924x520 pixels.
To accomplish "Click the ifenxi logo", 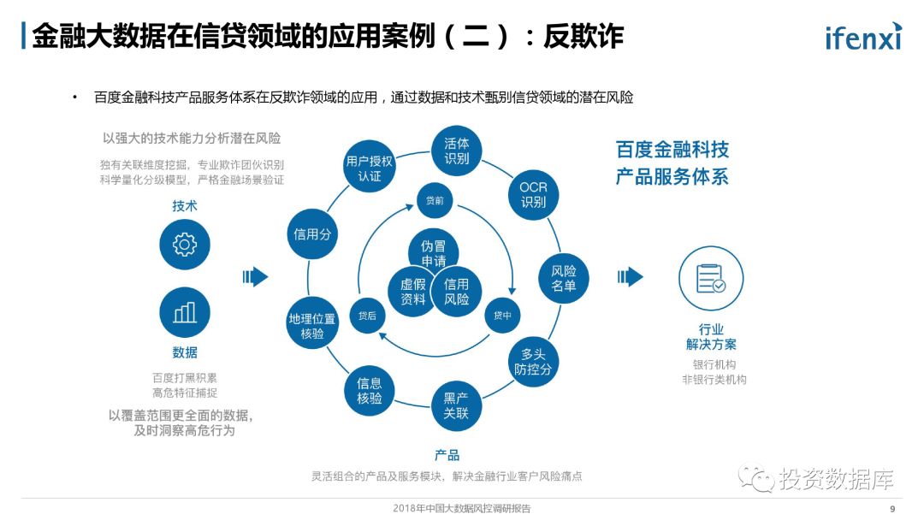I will click(x=863, y=37).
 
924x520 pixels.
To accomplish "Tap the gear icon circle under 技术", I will click(x=184, y=245).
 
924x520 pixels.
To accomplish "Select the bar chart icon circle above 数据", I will click(x=184, y=312).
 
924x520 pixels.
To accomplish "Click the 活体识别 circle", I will click(x=457, y=151).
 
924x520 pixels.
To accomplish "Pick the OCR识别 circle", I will click(x=533, y=195).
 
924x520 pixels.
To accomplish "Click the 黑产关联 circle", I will click(x=456, y=405).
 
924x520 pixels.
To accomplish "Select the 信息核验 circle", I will click(x=370, y=391).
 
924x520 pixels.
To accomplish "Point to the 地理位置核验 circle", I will click(x=312, y=326).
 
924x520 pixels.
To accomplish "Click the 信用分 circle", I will click(x=312, y=233).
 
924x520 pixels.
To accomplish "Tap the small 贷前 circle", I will click(x=435, y=201).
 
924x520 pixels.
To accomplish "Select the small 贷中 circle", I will click(x=502, y=315).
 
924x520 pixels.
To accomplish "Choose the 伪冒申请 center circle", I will click(x=433, y=252).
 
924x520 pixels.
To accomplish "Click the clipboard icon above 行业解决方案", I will click(x=710, y=278).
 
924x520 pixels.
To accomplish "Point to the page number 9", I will click(x=892, y=508).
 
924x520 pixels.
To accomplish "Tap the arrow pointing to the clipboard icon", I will click(x=630, y=276).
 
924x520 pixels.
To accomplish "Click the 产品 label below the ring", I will click(x=447, y=455).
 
